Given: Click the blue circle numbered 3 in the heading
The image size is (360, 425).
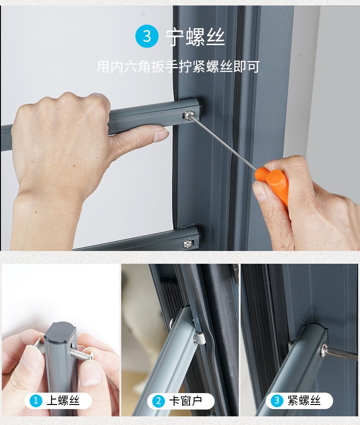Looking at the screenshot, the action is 147,36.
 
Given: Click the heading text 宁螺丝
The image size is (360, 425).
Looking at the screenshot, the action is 195,37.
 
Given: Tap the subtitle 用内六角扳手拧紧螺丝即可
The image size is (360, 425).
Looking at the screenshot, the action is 178,67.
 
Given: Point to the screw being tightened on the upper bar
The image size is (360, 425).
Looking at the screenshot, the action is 189,115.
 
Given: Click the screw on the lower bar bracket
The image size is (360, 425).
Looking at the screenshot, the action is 188,244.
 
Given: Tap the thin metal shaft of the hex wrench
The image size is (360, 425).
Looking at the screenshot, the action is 224,142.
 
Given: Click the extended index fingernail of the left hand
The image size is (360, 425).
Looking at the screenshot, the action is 160,134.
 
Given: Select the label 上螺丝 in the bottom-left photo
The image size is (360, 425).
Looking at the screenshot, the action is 63,400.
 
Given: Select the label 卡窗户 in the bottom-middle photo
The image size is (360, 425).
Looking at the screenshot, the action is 185,401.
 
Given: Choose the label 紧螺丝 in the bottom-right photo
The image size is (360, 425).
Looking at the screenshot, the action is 304,400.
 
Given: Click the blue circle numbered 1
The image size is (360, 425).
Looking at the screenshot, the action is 36,400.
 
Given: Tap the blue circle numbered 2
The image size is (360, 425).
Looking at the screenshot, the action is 159,401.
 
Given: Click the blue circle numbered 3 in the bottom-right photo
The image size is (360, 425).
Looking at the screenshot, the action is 277,400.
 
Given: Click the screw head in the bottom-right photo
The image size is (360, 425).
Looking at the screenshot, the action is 324,350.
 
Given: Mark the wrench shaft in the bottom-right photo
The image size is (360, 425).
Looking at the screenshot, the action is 342,354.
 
